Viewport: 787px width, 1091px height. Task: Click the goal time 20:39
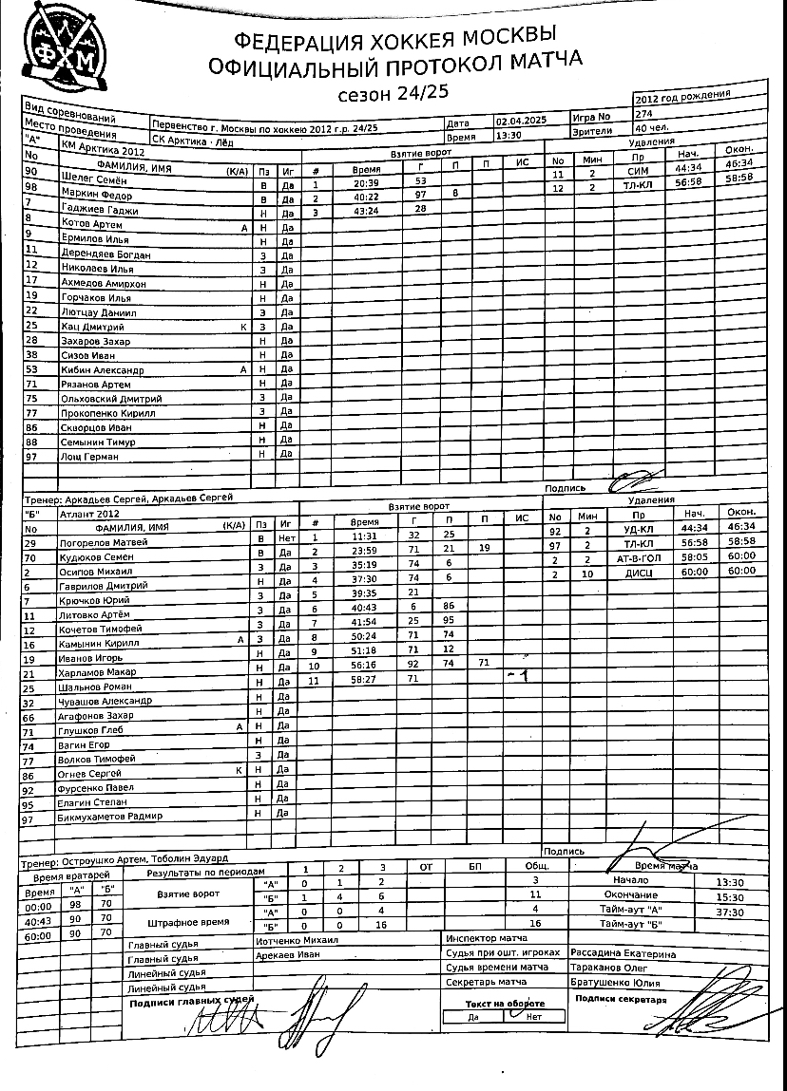[365, 182]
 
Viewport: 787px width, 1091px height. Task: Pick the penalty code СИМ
[638, 172]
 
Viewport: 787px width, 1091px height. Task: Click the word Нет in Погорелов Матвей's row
[286, 538]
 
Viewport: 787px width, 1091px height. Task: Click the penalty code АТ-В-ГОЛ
[637, 557]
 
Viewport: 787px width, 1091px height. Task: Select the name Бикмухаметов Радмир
[110, 817]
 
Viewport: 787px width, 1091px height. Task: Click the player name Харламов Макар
[100, 673]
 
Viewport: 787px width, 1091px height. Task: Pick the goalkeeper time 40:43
[38, 920]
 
